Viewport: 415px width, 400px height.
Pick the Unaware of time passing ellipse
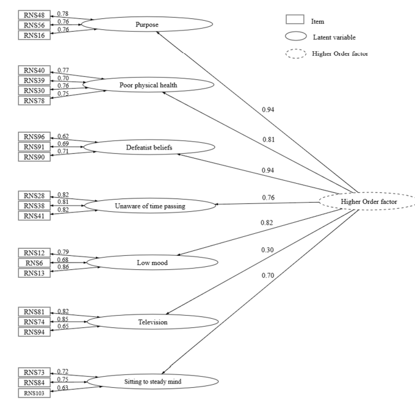pos(150,206)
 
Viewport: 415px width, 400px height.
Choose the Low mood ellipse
pos(151,263)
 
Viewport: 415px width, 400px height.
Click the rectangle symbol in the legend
pos(295,21)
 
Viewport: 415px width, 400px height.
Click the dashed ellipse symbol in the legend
pos(295,54)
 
